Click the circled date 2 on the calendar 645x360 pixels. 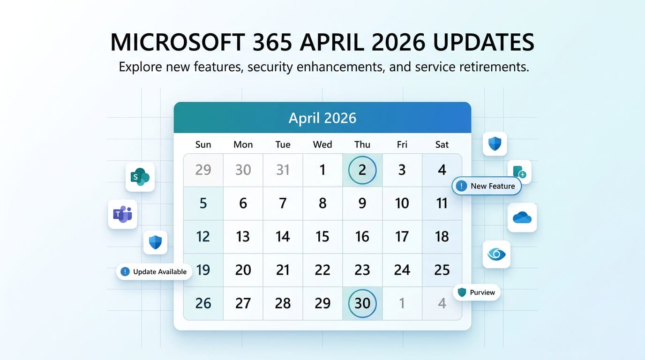(x=362, y=170)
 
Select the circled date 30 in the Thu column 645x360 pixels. (x=362, y=303)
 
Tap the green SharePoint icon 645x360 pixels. (x=140, y=177)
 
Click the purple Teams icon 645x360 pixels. (x=122, y=214)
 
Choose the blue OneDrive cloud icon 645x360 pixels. (x=522, y=217)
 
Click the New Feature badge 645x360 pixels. (x=487, y=186)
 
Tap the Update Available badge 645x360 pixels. (x=154, y=271)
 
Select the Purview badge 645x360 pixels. (x=477, y=292)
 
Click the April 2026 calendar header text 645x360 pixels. (x=322, y=118)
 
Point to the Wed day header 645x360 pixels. (x=322, y=144)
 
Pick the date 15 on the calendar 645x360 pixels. (x=322, y=237)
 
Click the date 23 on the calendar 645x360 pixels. (x=362, y=270)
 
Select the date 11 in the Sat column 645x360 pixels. (x=442, y=203)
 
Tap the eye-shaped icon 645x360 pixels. (x=496, y=255)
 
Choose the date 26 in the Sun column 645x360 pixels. (x=203, y=303)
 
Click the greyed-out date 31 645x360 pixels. (x=283, y=170)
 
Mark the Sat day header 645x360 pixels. (x=442, y=144)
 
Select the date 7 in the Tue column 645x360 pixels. (x=283, y=203)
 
